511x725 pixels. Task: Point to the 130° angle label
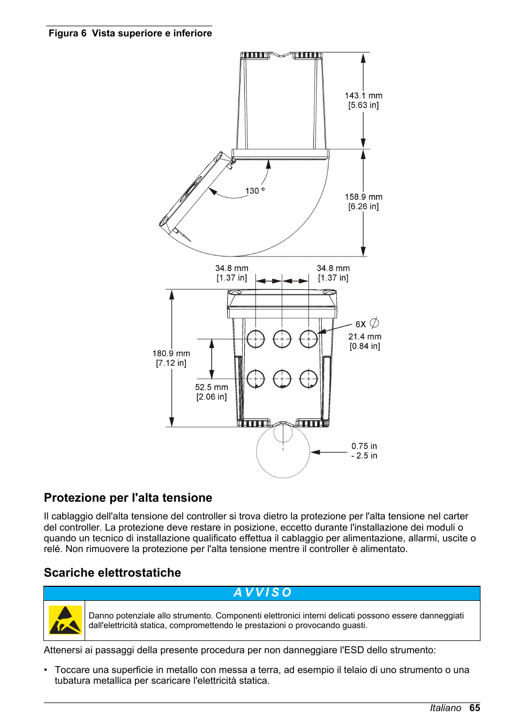[x=254, y=191]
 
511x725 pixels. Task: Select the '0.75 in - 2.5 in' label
[x=364, y=451]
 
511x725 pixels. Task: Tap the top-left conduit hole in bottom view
[x=255, y=339]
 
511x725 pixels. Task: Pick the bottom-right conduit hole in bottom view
[x=309, y=379]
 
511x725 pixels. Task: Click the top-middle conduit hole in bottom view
[x=282, y=339]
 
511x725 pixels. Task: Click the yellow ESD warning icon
[x=65, y=621]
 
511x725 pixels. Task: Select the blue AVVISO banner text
[x=262, y=593]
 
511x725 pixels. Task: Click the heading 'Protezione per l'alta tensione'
[x=128, y=498]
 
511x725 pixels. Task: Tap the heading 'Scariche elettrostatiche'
[x=112, y=573]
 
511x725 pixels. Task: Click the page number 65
[x=475, y=708]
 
